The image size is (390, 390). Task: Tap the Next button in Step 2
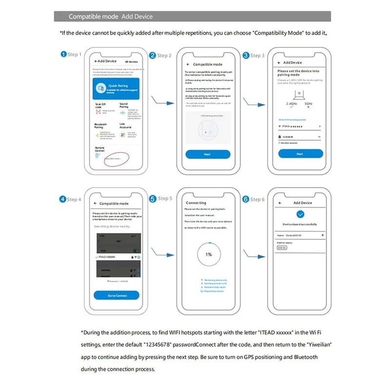point(207,154)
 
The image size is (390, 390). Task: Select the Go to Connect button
point(117,295)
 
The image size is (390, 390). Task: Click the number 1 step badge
point(63,54)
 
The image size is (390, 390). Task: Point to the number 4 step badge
point(63,199)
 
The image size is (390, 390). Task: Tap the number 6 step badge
point(246,199)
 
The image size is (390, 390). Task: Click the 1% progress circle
point(208,254)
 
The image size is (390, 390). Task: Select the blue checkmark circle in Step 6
point(300,214)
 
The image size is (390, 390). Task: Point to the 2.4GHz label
point(292,104)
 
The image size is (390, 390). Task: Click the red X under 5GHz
point(308,107)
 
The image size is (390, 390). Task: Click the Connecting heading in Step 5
point(196,203)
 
